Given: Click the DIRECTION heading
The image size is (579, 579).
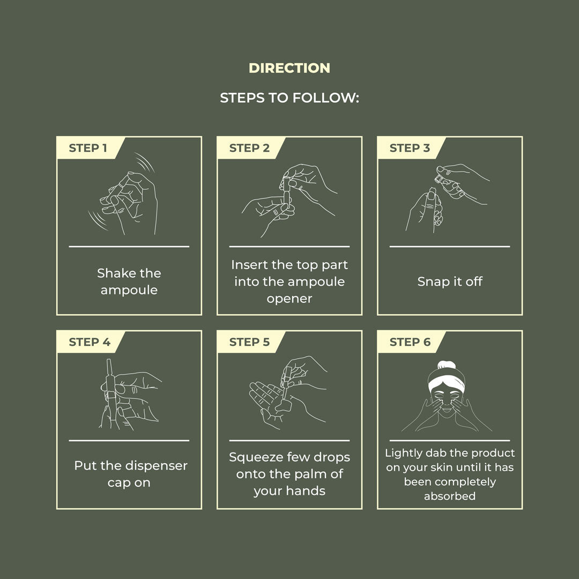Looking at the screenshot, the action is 289,68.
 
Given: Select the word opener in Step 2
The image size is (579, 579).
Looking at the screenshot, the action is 289,299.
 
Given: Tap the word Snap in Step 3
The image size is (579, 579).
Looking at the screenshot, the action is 430,282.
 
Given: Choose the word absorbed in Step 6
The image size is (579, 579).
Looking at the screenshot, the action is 449,496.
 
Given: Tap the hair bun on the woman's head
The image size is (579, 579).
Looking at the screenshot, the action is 447,366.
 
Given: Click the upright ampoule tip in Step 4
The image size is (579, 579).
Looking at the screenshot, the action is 109,365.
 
